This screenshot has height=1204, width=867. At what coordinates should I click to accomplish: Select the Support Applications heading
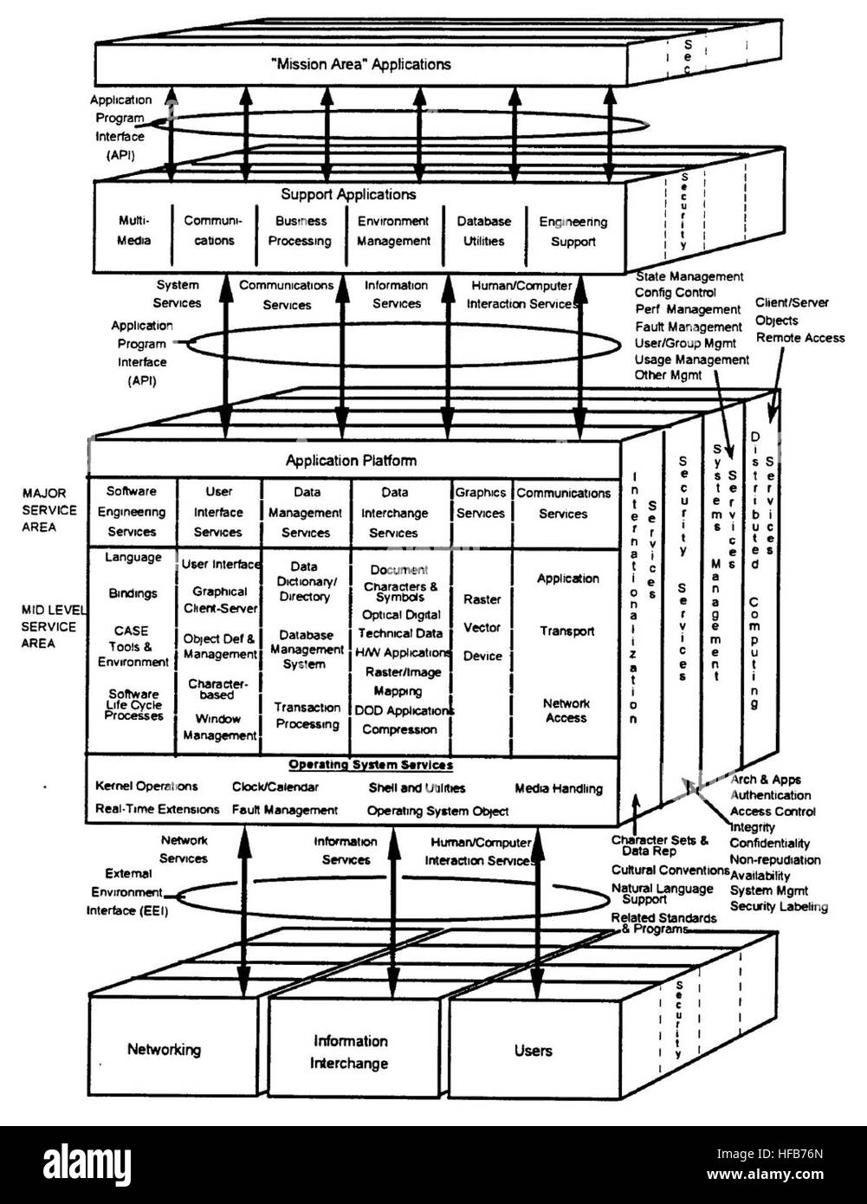point(348,195)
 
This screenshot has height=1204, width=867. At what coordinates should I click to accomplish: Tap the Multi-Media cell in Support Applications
point(133,230)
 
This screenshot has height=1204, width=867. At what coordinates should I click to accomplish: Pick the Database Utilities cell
point(483,231)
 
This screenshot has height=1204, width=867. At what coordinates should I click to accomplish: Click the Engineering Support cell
point(573,232)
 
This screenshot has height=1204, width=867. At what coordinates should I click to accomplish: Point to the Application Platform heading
point(351,461)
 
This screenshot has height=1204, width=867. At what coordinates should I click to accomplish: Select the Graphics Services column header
point(481,502)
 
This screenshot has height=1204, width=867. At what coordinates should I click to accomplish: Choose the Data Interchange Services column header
point(394,513)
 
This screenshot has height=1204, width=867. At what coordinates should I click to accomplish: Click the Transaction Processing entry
point(307,715)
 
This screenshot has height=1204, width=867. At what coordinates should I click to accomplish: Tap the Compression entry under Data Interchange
point(399,729)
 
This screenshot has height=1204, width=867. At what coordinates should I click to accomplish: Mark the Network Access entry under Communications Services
point(566,710)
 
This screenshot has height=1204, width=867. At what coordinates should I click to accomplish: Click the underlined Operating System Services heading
point(370,765)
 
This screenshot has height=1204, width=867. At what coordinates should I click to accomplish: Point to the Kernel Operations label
point(146,786)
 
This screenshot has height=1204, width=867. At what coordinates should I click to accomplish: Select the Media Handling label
point(559,788)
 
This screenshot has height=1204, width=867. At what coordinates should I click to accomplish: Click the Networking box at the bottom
point(164,1050)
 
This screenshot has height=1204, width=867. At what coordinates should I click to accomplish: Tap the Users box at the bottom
point(533,1051)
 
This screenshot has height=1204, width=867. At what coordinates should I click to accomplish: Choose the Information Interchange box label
point(350,1052)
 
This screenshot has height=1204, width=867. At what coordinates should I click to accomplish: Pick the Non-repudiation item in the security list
point(774,859)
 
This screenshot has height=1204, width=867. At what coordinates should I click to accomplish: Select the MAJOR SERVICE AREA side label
point(49,510)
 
